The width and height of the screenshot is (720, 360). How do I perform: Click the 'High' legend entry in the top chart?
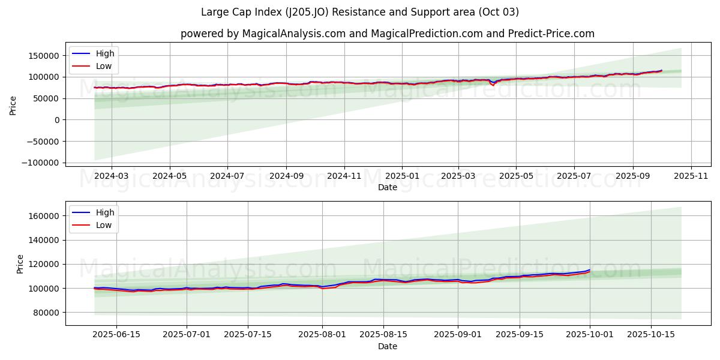click(x=105, y=53)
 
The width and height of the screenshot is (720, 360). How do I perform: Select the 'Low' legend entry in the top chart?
click(x=104, y=67)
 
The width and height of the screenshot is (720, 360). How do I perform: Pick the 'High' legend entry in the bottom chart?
click(x=105, y=212)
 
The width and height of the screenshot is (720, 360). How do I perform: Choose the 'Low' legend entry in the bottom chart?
click(x=104, y=225)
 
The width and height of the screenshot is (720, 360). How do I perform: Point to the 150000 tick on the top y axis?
click(x=44, y=56)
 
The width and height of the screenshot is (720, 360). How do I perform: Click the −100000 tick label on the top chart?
click(x=41, y=163)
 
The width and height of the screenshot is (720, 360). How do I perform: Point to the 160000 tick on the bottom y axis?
click(x=44, y=216)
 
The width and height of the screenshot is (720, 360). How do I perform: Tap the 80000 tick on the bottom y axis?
click(x=46, y=313)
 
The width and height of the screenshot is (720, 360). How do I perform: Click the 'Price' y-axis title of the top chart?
click(x=13, y=104)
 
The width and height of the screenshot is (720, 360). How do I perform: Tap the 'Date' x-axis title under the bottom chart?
click(x=387, y=347)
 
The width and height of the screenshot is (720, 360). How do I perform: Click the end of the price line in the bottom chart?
click(x=590, y=270)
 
